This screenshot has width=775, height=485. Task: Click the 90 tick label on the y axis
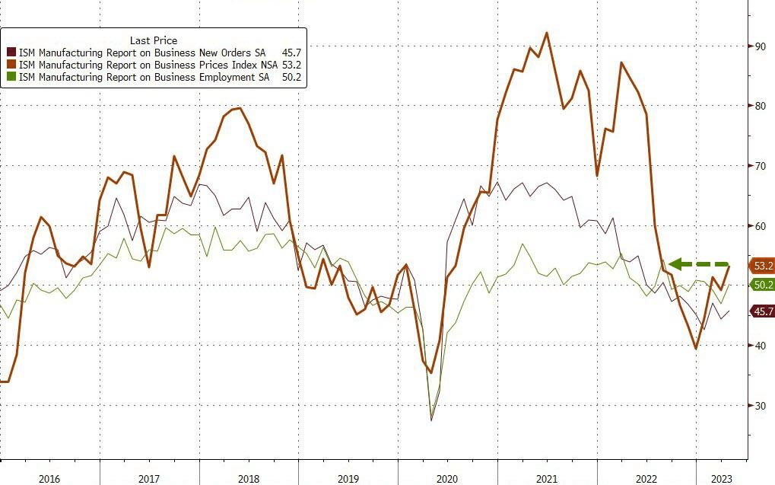[760, 46]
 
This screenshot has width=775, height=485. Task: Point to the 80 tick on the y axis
[760, 106]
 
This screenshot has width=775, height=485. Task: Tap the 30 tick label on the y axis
[760, 405]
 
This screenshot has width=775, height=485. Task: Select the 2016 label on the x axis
[49, 477]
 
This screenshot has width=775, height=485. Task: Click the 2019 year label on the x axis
[348, 477]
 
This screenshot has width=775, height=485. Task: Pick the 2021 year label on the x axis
[547, 477]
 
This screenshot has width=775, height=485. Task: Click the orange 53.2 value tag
[762, 266]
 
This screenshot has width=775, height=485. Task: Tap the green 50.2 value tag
[762, 284]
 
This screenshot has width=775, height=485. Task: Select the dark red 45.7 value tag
[762, 311]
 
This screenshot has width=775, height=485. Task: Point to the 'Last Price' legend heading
[154, 40]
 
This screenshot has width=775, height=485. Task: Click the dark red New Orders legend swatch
[11, 53]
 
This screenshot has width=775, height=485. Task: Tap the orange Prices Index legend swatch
[11, 65]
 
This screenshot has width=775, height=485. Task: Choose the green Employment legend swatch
[11, 77]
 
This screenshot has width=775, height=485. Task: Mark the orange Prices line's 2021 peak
[547, 33]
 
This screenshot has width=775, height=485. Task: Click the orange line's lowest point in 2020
[431, 372]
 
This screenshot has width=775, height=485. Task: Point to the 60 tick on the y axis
[760, 226]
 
